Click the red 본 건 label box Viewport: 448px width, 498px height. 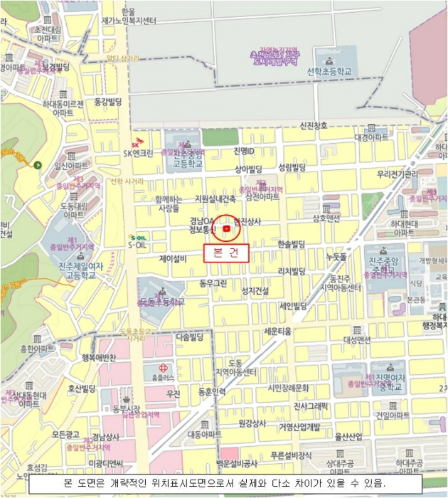pos(226,253)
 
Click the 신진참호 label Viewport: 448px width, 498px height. pos(314,126)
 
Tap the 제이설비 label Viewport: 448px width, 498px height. pos(173,259)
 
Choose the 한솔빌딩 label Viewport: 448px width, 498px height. pos(292,243)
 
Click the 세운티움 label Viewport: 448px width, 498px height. pos(278,331)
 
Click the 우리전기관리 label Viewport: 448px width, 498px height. pos(398,174)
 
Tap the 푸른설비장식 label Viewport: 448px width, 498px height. pos(291,455)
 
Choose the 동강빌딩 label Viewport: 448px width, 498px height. pos(109,102)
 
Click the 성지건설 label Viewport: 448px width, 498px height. pos(255,290)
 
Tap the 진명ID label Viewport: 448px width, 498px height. pos(243,151)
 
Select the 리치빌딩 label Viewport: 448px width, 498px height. pos(292,271)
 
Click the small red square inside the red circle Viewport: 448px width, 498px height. pos(227,229)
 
